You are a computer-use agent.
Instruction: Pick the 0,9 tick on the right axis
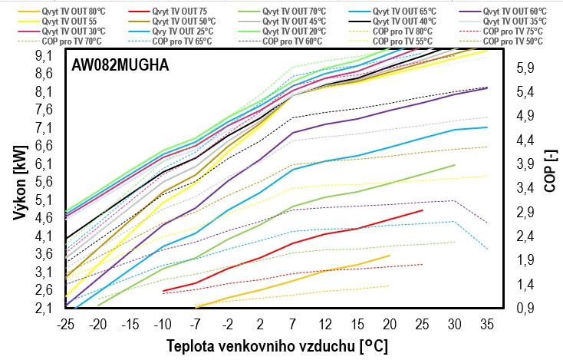pos(525,309)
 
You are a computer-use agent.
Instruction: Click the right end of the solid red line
pos(423,210)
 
